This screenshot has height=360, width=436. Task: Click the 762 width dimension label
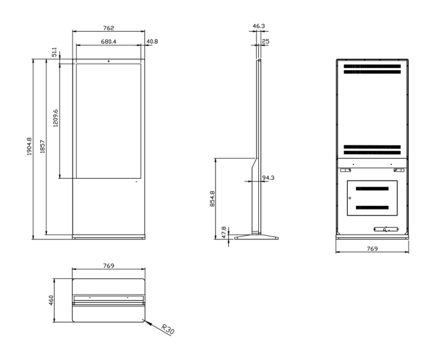click(x=109, y=28)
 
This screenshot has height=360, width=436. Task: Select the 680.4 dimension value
click(x=109, y=41)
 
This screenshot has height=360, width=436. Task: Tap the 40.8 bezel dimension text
click(x=152, y=41)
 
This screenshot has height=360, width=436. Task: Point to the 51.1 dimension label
click(x=55, y=52)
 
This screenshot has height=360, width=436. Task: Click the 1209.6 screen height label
click(x=56, y=118)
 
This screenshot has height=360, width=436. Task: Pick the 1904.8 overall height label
click(x=29, y=146)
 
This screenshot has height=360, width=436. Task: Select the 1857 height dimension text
click(x=42, y=146)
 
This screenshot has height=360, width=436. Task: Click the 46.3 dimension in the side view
click(x=259, y=26)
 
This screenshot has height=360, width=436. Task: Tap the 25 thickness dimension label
click(x=265, y=41)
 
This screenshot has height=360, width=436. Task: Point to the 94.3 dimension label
click(x=268, y=178)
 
